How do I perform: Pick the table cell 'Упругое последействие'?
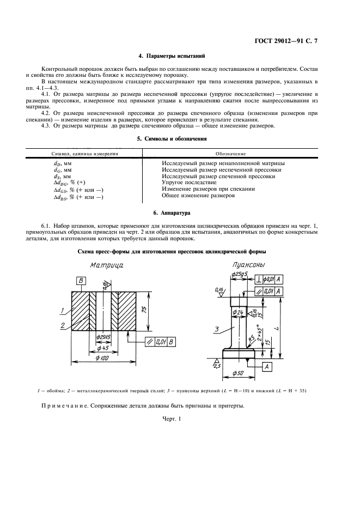click(x=190, y=183)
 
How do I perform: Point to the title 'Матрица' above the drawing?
click(x=107, y=265)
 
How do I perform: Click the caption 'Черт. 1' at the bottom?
click(x=172, y=419)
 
